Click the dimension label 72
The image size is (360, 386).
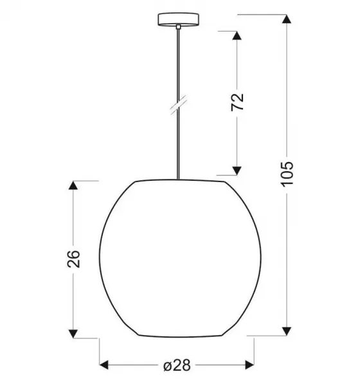[x=237, y=102]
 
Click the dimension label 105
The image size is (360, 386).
[x=287, y=174]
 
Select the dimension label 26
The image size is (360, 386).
[x=73, y=259]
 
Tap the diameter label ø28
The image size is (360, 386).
[x=177, y=365]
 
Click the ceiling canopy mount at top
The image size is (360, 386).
[x=178, y=19]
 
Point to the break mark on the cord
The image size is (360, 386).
[x=179, y=105]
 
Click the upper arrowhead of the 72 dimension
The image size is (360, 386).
[x=237, y=35]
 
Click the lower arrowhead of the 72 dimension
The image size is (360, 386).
[x=237, y=170]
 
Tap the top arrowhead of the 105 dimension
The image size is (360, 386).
[x=287, y=19]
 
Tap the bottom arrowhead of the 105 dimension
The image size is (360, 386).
[x=287, y=331]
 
